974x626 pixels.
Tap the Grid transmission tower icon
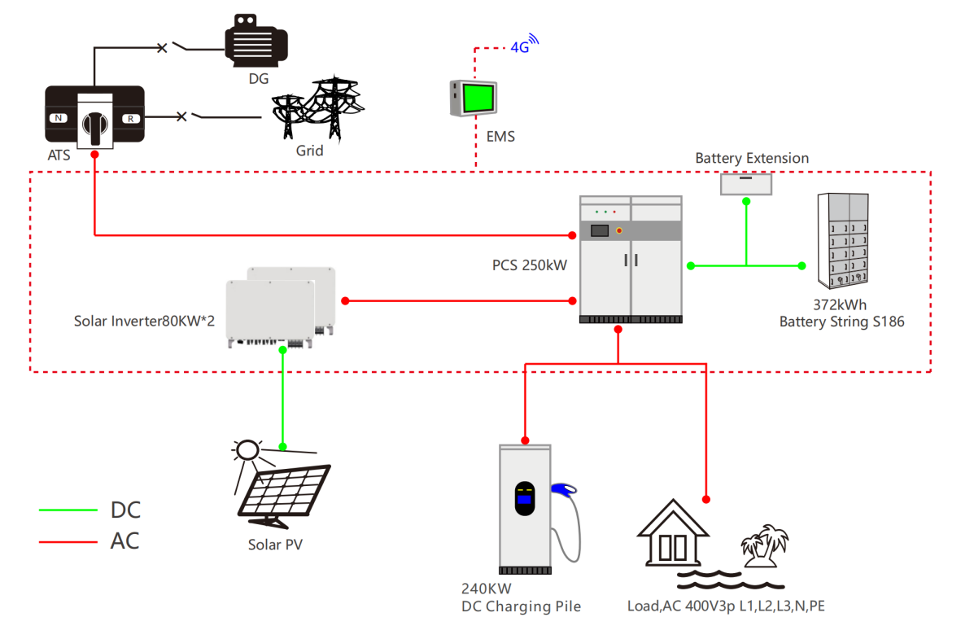point(317,108)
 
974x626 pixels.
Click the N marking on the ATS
point(59,118)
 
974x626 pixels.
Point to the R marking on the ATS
point(129,118)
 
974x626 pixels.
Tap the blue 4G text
point(519,47)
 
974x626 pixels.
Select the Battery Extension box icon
point(746,184)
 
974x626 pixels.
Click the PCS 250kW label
point(529,265)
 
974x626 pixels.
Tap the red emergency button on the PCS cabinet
point(620,230)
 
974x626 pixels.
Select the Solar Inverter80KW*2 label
point(144,321)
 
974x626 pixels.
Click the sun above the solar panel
point(247,450)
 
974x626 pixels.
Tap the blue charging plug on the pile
point(563,489)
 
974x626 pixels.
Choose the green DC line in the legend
point(68,510)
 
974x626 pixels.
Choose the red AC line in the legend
point(68,541)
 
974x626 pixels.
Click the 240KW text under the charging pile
point(487,589)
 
